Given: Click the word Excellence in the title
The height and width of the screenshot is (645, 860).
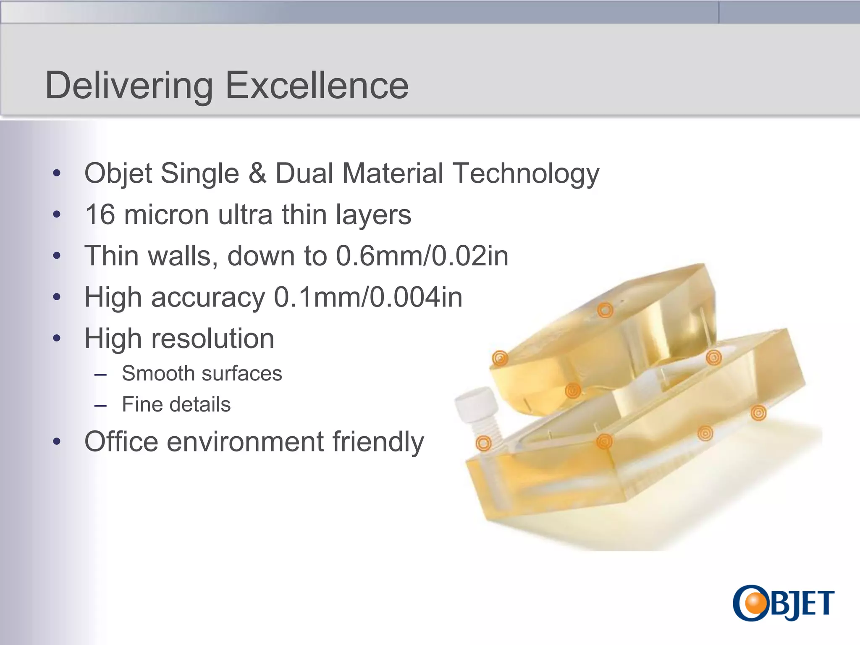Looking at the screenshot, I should [317, 85].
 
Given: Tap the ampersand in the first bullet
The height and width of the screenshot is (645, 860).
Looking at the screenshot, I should [257, 173].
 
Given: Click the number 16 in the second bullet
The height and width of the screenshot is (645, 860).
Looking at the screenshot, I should [100, 215].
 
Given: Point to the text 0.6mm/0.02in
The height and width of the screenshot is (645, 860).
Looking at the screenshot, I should [422, 256].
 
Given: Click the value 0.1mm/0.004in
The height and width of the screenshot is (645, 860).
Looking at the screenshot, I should [368, 297].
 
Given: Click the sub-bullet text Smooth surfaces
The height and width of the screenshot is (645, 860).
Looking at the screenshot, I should [202, 373].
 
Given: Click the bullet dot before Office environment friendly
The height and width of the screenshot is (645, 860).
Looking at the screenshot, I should [57, 442].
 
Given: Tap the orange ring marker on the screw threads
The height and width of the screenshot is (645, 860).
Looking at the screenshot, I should [483, 443].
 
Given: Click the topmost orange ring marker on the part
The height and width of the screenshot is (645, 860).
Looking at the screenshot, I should [605, 310].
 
